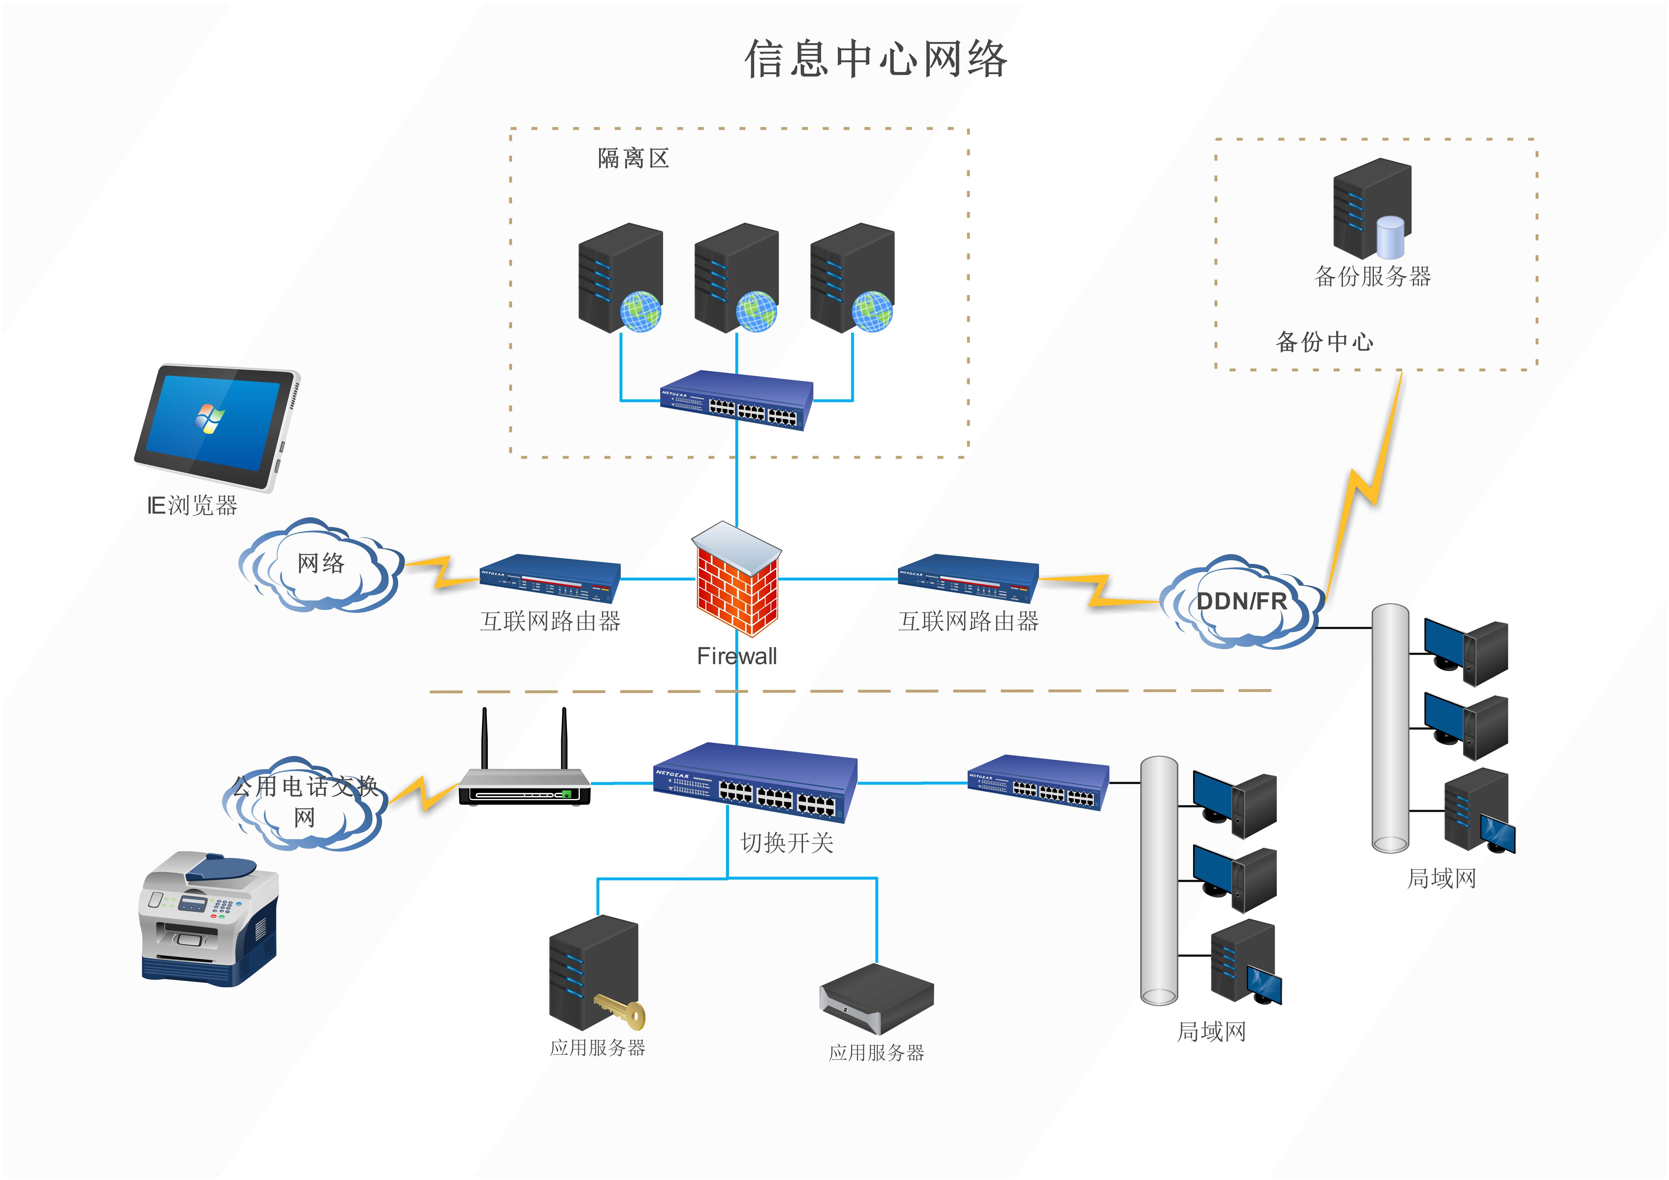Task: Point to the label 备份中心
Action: [1324, 342]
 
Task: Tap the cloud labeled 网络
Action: [321, 564]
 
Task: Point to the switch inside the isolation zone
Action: [736, 401]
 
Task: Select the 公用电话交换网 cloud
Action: [303, 803]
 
